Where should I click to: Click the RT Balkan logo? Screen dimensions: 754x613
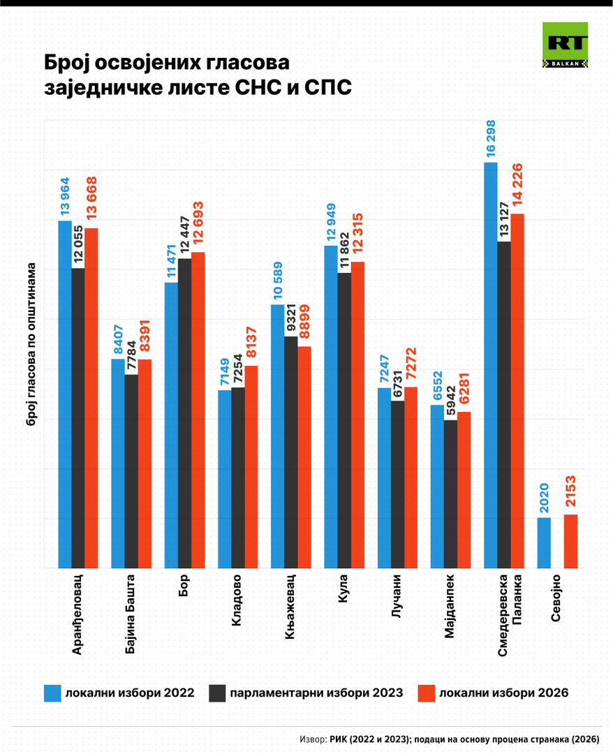click(565, 45)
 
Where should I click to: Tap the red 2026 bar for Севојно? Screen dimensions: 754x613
click(570, 541)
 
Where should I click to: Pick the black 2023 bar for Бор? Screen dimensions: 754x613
click(184, 413)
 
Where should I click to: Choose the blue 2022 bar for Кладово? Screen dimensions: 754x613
click(225, 479)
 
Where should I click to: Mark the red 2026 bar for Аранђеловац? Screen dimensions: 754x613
click(91, 398)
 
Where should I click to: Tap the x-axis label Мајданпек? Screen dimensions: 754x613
click(450, 607)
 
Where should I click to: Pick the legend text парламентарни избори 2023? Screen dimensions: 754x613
click(316, 693)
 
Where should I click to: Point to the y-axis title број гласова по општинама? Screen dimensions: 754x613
click(31, 353)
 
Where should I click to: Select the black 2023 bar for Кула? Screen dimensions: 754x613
click(344, 420)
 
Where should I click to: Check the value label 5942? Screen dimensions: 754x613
click(450, 401)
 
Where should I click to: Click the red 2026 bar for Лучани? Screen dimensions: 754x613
click(411, 478)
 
